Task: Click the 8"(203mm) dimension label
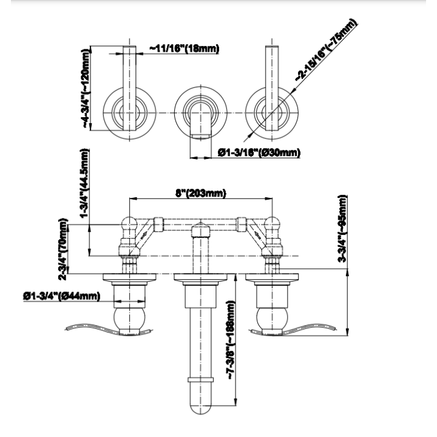click(x=201, y=193)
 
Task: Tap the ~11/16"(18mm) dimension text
click(x=185, y=49)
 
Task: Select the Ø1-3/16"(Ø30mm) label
click(x=259, y=152)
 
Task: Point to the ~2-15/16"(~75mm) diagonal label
click(x=327, y=50)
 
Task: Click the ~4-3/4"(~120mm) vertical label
click(x=86, y=89)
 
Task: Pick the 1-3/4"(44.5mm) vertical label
click(x=84, y=183)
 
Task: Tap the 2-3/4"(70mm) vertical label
click(x=63, y=249)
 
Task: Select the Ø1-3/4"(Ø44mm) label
click(x=61, y=296)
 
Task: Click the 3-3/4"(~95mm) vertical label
click(x=342, y=229)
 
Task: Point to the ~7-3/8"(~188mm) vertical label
click(x=232, y=340)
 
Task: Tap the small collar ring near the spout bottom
click(x=201, y=379)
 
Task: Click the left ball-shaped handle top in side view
click(x=129, y=223)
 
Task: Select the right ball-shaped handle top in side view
click(x=273, y=223)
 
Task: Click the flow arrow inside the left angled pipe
click(x=143, y=235)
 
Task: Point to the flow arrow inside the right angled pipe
click(x=257, y=235)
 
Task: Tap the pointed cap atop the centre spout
click(x=201, y=229)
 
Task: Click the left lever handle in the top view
click(x=129, y=88)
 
